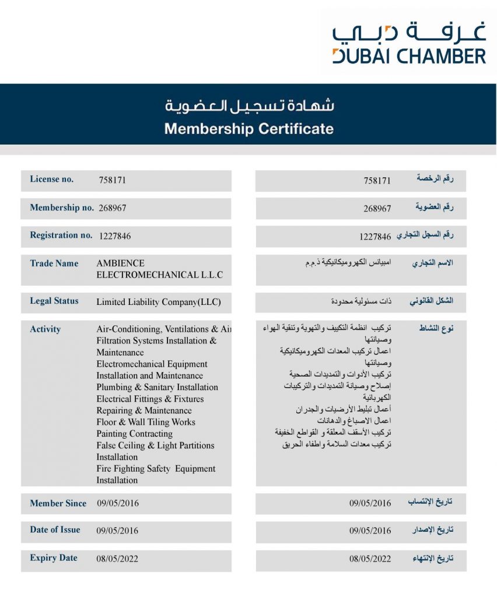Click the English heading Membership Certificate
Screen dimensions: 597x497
(x=249, y=128)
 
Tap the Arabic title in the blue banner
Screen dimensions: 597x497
(x=249, y=106)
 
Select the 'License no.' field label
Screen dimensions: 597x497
(x=52, y=180)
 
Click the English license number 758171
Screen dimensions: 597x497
(x=113, y=180)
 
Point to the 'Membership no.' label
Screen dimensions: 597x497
(x=62, y=208)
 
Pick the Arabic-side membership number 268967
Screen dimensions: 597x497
(x=377, y=208)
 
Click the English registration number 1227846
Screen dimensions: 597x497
(x=115, y=236)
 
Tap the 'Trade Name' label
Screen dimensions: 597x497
(x=54, y=264)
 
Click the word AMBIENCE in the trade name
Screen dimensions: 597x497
(x=120, y=264)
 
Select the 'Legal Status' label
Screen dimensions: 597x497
(x=54, y=301)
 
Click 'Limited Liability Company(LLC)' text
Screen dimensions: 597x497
(x=159, y=302)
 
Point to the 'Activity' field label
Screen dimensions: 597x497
(x=45, y=329)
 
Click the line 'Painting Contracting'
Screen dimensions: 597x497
(x=135, y=434)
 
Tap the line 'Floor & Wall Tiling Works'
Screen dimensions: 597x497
(x=146, y=422)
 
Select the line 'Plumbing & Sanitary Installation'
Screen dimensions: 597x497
(x=157, y=387)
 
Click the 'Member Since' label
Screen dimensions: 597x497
(x=58, y=503)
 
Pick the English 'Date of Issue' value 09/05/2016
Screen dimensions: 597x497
(x=118, y=531)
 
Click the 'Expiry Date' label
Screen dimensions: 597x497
(x=54, y=558)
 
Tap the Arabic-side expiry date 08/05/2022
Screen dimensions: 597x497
(x=370, y=559)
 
